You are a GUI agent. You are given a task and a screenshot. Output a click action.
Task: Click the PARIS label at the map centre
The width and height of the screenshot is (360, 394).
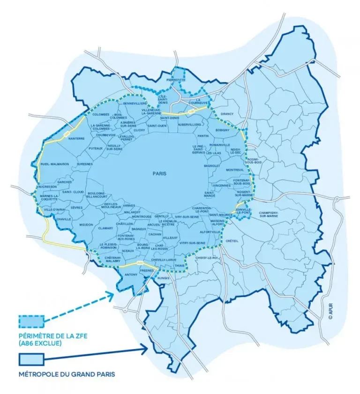159,173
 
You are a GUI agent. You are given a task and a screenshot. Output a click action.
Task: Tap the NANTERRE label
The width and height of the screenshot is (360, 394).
76,139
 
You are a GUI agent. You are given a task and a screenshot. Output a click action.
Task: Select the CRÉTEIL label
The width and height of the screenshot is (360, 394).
232,241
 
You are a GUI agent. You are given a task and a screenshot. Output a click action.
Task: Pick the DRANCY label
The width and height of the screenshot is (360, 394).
227,114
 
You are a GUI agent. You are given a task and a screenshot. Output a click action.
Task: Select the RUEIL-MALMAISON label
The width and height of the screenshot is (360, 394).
54,164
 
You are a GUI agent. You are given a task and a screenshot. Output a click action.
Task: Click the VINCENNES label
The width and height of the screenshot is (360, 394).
221,186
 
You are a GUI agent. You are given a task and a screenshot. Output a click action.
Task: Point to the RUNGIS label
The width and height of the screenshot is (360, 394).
163,278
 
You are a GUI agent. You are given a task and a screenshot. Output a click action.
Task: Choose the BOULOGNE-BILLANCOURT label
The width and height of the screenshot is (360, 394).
97,195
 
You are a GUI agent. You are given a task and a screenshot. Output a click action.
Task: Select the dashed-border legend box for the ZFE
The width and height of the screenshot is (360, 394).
31,321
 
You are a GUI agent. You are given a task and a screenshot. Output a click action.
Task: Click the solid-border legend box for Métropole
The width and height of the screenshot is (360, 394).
31,360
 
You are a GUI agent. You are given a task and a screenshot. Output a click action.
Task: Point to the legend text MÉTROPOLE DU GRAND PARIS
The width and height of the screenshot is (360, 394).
67,375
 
